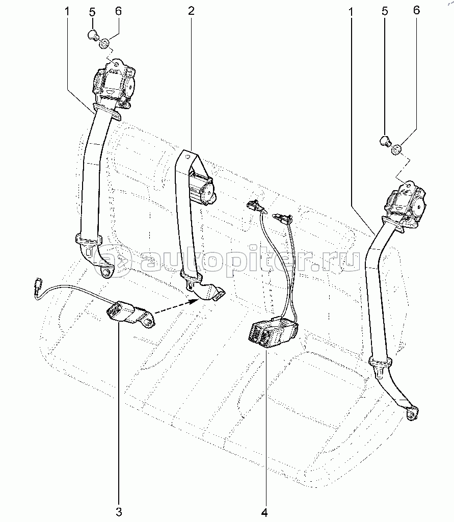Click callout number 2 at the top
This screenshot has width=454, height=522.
pyautogui.click(x=191, y=10)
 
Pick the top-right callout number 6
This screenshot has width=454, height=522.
pyautogui.click(x=417, y=10)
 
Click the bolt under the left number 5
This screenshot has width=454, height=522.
pyautogui.click(x=93, y=35)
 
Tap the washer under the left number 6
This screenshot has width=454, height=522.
pyautogui.click(x=104, y=44)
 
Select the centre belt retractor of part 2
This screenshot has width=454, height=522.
pyautogui.click(x=202, y=187)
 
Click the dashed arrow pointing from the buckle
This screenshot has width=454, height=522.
pyautogui.click(x=176, y=307)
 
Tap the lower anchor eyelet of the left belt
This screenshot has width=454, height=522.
pyautogui.click(x=106, y=272)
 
